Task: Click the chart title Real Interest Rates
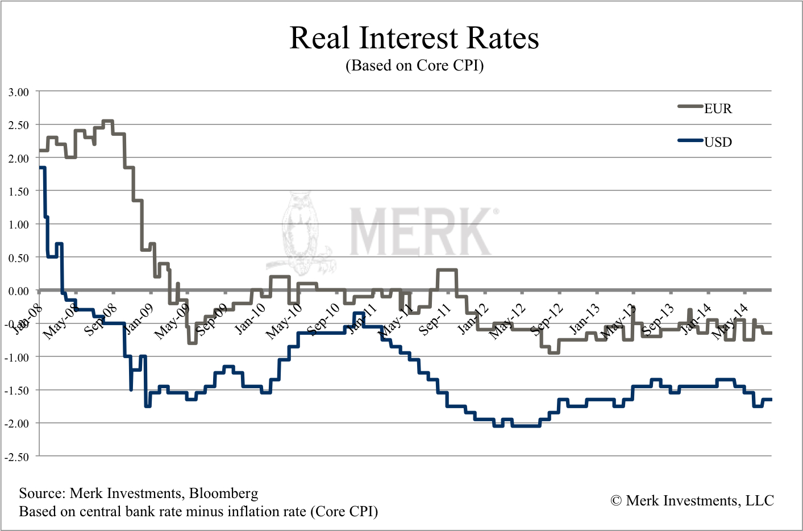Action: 414,38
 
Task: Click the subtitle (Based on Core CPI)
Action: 414,65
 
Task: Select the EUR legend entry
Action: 718,109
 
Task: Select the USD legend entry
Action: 718,142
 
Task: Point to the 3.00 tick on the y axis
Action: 19,92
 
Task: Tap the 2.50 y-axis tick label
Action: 19,125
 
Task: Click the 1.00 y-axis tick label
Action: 19,225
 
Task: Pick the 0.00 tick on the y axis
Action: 19,291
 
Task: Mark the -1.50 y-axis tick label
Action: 17,391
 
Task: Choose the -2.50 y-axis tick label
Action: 17,457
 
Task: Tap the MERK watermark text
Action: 421,232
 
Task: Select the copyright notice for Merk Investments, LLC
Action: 692,501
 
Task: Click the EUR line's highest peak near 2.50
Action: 107,121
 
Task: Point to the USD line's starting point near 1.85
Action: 41,168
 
